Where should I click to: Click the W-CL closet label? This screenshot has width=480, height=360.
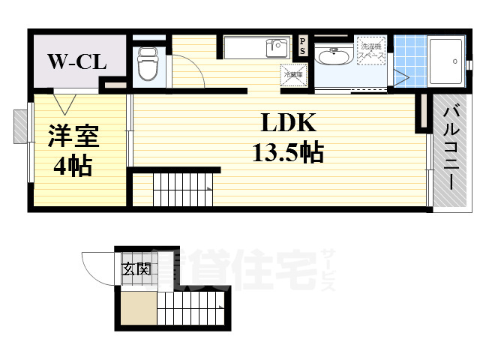coord(78,61)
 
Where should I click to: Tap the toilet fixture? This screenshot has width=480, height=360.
coord(147,64)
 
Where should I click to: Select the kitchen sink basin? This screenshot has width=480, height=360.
coord(277,47)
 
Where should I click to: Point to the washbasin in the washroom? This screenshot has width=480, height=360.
coord(330,56)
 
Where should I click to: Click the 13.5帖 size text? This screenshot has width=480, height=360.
coord(287,154)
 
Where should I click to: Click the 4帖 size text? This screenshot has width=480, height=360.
coord(72,166)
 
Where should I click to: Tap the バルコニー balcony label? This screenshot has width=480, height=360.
coord(451,150)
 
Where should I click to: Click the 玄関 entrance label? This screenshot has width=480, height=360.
coord(136,268)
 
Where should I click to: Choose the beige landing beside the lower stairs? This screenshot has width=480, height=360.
coord(138,308)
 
